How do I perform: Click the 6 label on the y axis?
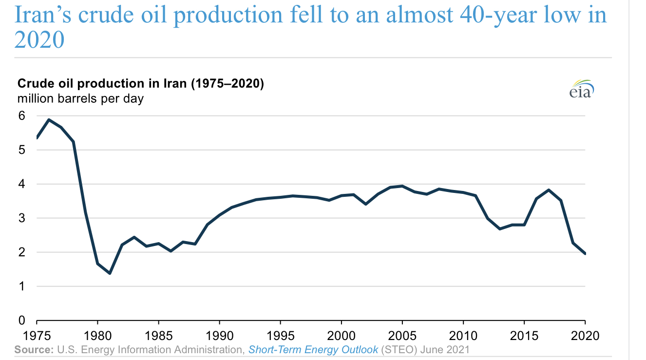point(21,116)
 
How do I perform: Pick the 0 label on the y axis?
point(21,321)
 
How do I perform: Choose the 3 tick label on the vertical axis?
point(21,218)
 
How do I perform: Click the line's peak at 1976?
point(49,120)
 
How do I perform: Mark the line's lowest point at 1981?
point(110,273)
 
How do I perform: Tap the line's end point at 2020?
point(585,254)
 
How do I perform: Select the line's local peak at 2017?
point(549,190)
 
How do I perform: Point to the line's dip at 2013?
point(500,229)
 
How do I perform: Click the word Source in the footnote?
point(34,349)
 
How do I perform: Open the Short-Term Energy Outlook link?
point(313,349)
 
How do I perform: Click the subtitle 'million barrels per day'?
point(80,98)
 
